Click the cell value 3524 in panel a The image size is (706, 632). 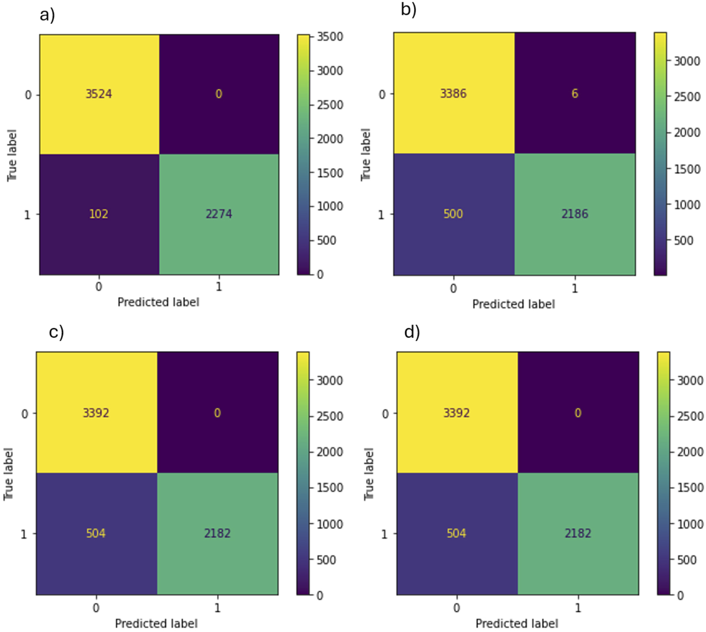pos(98,94)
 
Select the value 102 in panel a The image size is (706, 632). pos(98,214)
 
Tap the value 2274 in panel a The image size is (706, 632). pos(219,214)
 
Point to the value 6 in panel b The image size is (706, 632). pos(575,93)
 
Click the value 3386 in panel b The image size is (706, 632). pos(453,93)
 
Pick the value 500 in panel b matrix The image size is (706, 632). pos(453,214)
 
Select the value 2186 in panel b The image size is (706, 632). pos(575,214)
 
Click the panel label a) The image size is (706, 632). pos(47,15)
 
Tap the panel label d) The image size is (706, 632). pos(412,332)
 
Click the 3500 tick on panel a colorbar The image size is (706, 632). pos(330,37)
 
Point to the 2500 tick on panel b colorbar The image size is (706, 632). pos(687,97)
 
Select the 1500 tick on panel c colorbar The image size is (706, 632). pos(330,488)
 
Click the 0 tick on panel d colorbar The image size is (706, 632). pos(680,595)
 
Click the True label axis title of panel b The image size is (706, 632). pos(365,154)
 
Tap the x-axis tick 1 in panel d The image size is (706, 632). pos(578,608)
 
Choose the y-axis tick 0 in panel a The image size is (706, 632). pos(28,95)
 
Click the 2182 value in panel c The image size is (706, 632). pos(217,533)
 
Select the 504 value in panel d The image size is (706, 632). pos(456,533)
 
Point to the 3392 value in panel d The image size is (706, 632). pos(456,413)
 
